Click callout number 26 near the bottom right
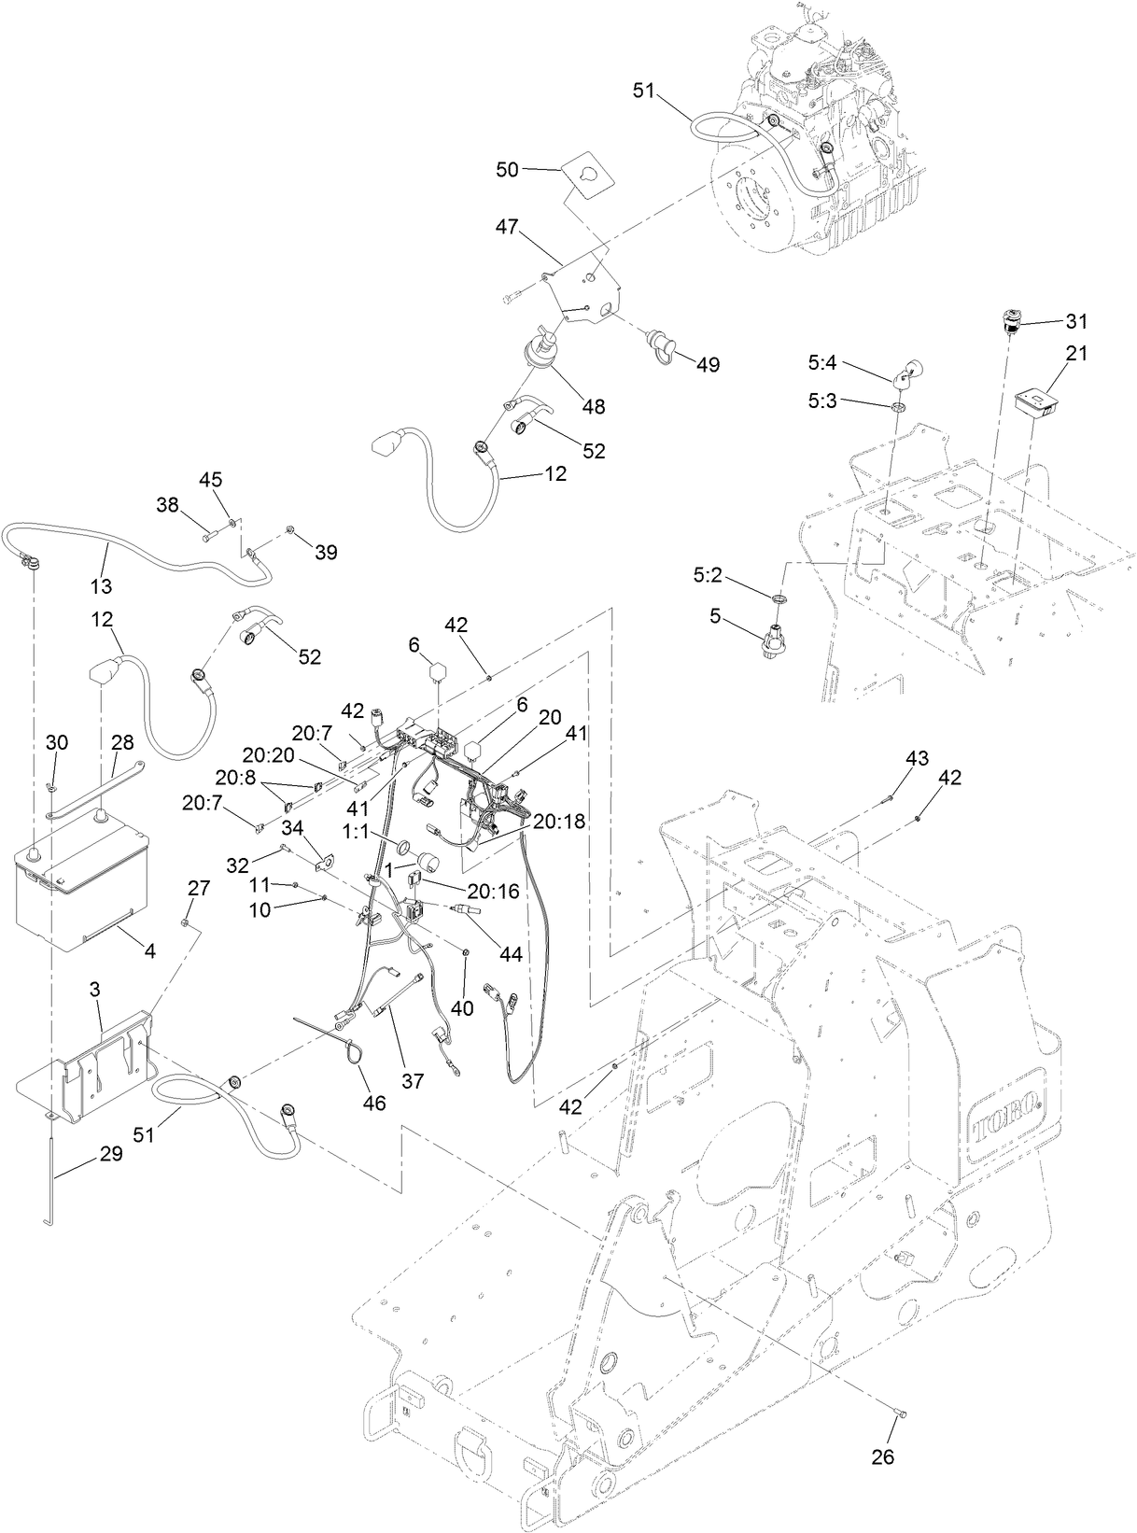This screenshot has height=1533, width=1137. tap(882, 1456)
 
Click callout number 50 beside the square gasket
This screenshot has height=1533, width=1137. tap(507, 169)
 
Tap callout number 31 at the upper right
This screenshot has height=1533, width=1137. tap(1077, 321)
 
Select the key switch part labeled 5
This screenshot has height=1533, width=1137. tap(776, 643)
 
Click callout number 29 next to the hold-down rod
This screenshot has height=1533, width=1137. tap(110, 1154)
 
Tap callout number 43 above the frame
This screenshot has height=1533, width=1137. tap(917, 759)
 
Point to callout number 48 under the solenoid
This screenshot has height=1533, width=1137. tap(593, 406)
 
